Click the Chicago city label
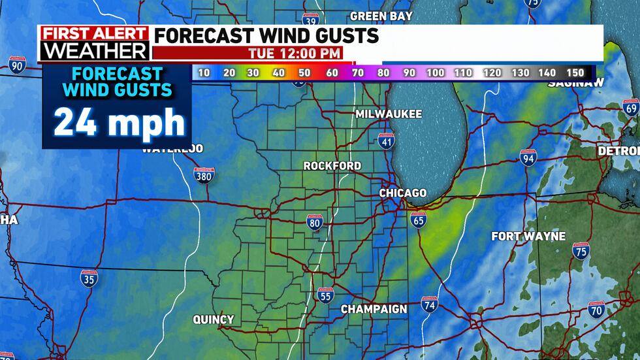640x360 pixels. click(x=403, y=193)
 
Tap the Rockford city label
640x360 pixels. click(x=332, y=166)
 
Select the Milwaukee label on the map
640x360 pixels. click(x=389, y=114)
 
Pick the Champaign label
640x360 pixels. click(x=374, y=309)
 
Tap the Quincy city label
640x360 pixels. click(x=213, y=319)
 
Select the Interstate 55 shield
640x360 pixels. click(x=325, y=295)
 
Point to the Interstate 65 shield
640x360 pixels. click(x=419, y=220)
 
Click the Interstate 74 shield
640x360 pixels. click(x=429, y=304)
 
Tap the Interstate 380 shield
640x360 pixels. click(x=204, y=174)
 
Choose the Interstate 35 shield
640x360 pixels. click(x=89, y=279)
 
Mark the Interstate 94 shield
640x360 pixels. click(x=528, y=157)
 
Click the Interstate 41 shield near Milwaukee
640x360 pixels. click(x=386, y=139)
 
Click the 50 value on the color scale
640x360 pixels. click(x=304, y=73)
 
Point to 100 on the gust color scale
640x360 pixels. click(x=436, y=73)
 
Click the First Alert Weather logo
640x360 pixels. click(x=94, y=44)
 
